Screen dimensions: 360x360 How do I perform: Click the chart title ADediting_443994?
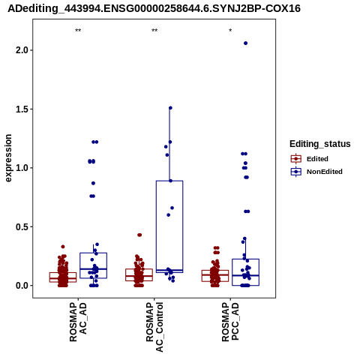pyautogui.click(x=154, y=8)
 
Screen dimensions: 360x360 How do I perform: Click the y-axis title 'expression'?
pyautogui.click(x=8, y=158)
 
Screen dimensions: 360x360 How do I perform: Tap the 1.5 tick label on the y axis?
pyautogui.click(x=21, y=109)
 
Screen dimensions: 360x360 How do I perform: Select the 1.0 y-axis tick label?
pyautogui.click(x=21, y=168)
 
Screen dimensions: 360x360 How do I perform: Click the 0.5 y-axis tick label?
pyautogui.click(x=21, y=226)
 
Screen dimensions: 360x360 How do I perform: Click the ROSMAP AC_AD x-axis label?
pyautogui.click(x=78, y=322)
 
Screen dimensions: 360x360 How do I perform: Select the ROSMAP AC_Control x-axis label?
pyautogui.click(x=154, y=327)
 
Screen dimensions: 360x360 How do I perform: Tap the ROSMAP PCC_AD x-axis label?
pyautogui.click(x=230, y=322)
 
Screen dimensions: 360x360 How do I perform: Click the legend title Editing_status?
pyautogui.click(x=320, y=144)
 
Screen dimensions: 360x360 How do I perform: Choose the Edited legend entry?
pyautogui.click(x=310, y=159)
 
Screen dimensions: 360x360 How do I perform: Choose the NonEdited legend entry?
pyautogui.click(x=316, y=172)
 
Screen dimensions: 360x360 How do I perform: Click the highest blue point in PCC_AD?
pyautogui.click(x=245, y=43)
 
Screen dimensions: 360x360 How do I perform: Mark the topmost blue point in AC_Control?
pyautogui.click(x=170, y=108)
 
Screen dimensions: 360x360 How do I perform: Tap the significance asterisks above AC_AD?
pyautogui.click(x=78, y=31)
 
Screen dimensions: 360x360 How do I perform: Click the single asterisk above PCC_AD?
pyautogui.click(x=230, y=31)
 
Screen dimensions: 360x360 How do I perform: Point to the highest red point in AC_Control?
pyautogui.click(x=139, y=235)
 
